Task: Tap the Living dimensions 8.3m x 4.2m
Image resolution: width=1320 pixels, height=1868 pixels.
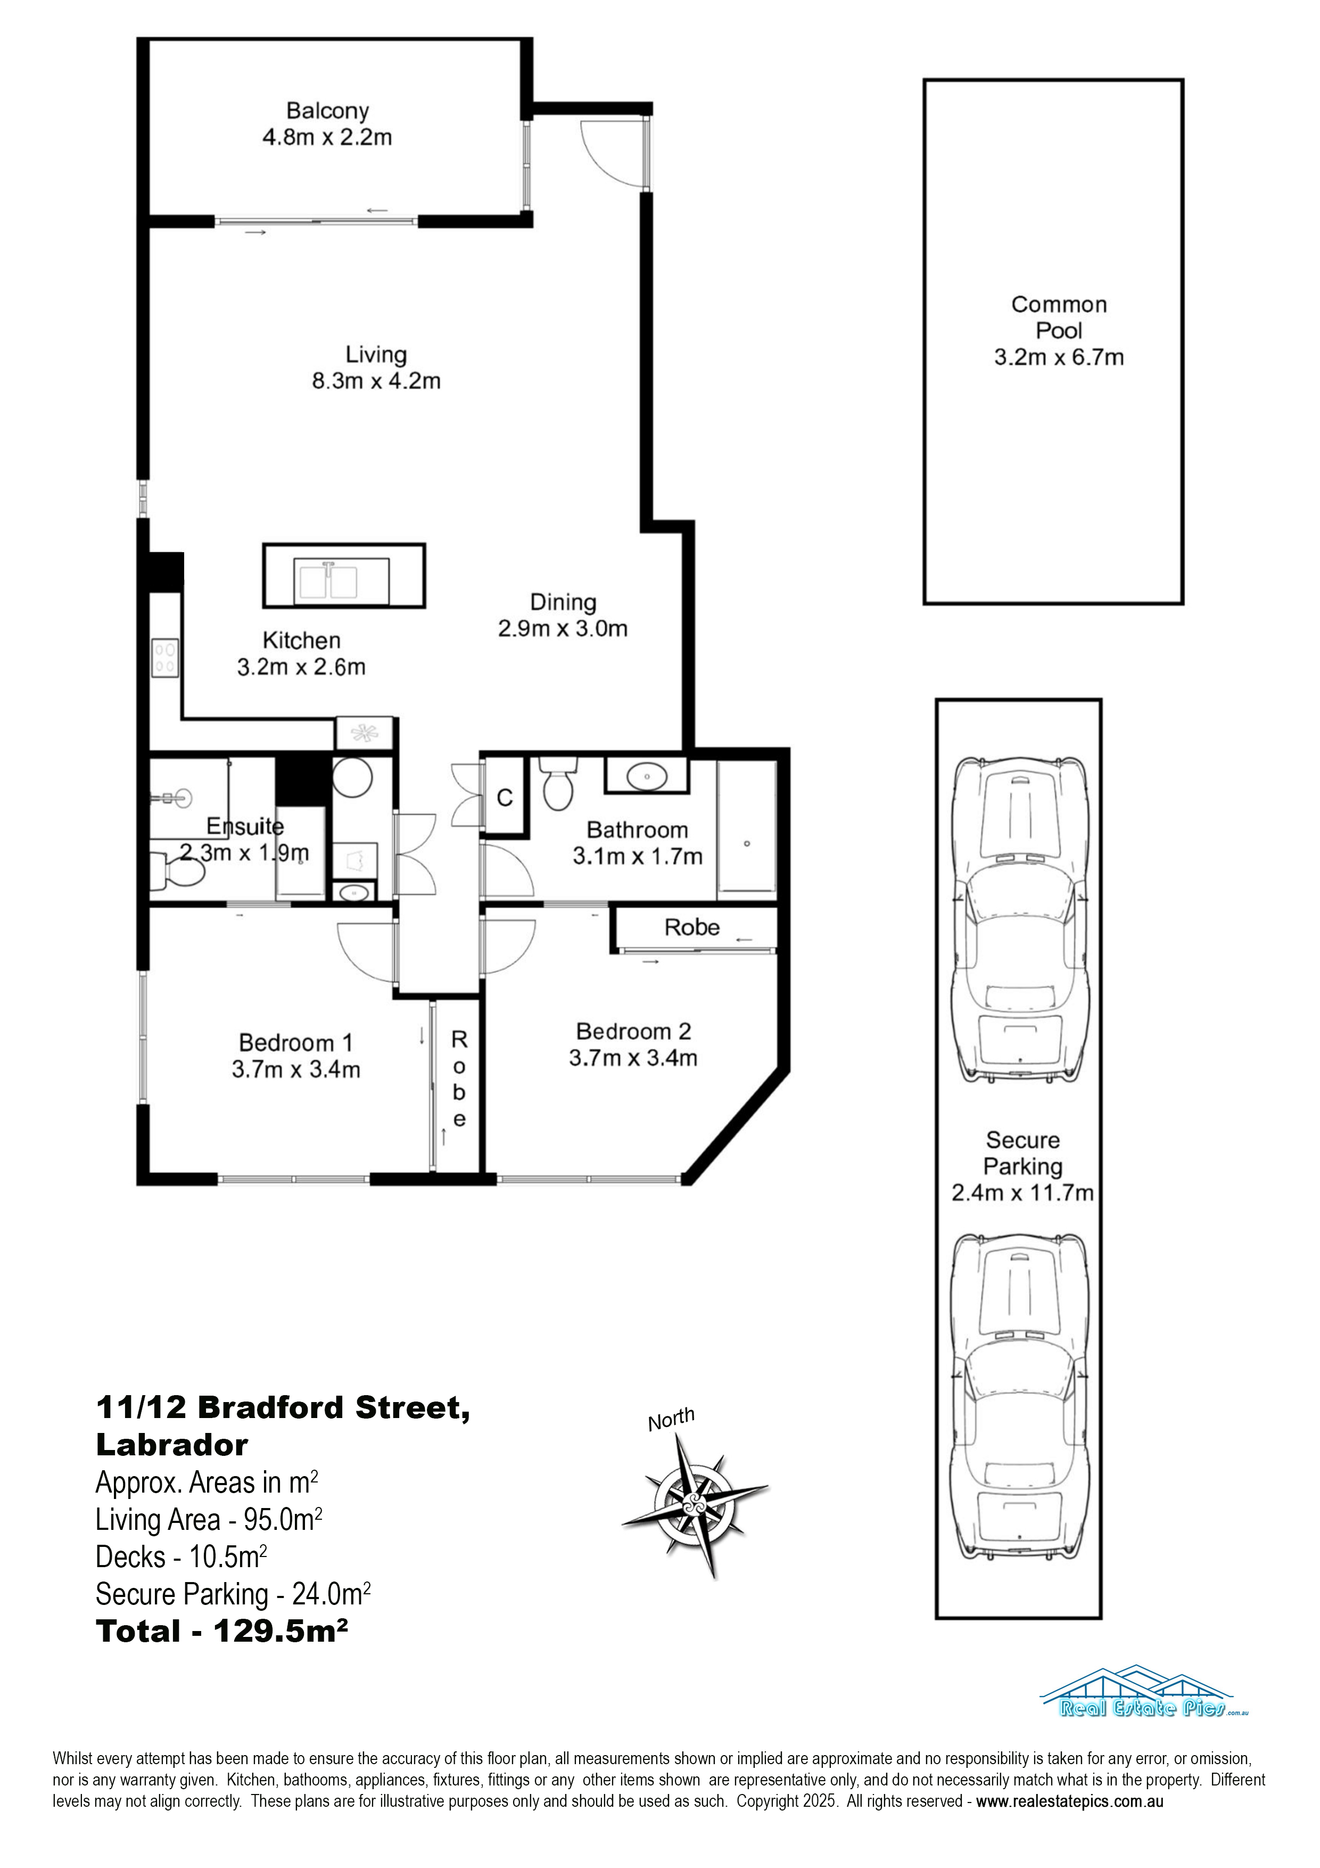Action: click(376, 381)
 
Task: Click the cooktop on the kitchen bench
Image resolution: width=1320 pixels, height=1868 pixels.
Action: click(165, 658)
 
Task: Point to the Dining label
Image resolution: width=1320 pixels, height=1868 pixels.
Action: click(563, 602)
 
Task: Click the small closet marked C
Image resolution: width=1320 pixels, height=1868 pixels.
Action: click(504, 797)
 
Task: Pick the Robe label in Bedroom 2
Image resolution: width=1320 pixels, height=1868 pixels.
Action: click(692, 928)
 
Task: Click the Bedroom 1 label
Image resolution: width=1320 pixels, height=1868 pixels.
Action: click(296, 1043)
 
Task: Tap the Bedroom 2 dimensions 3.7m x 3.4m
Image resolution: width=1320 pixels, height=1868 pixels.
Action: click(633, 1058)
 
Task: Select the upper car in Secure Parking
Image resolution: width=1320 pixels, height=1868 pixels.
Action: click(1020, 920)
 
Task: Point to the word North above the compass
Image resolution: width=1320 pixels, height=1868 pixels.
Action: click(671, 1420)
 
